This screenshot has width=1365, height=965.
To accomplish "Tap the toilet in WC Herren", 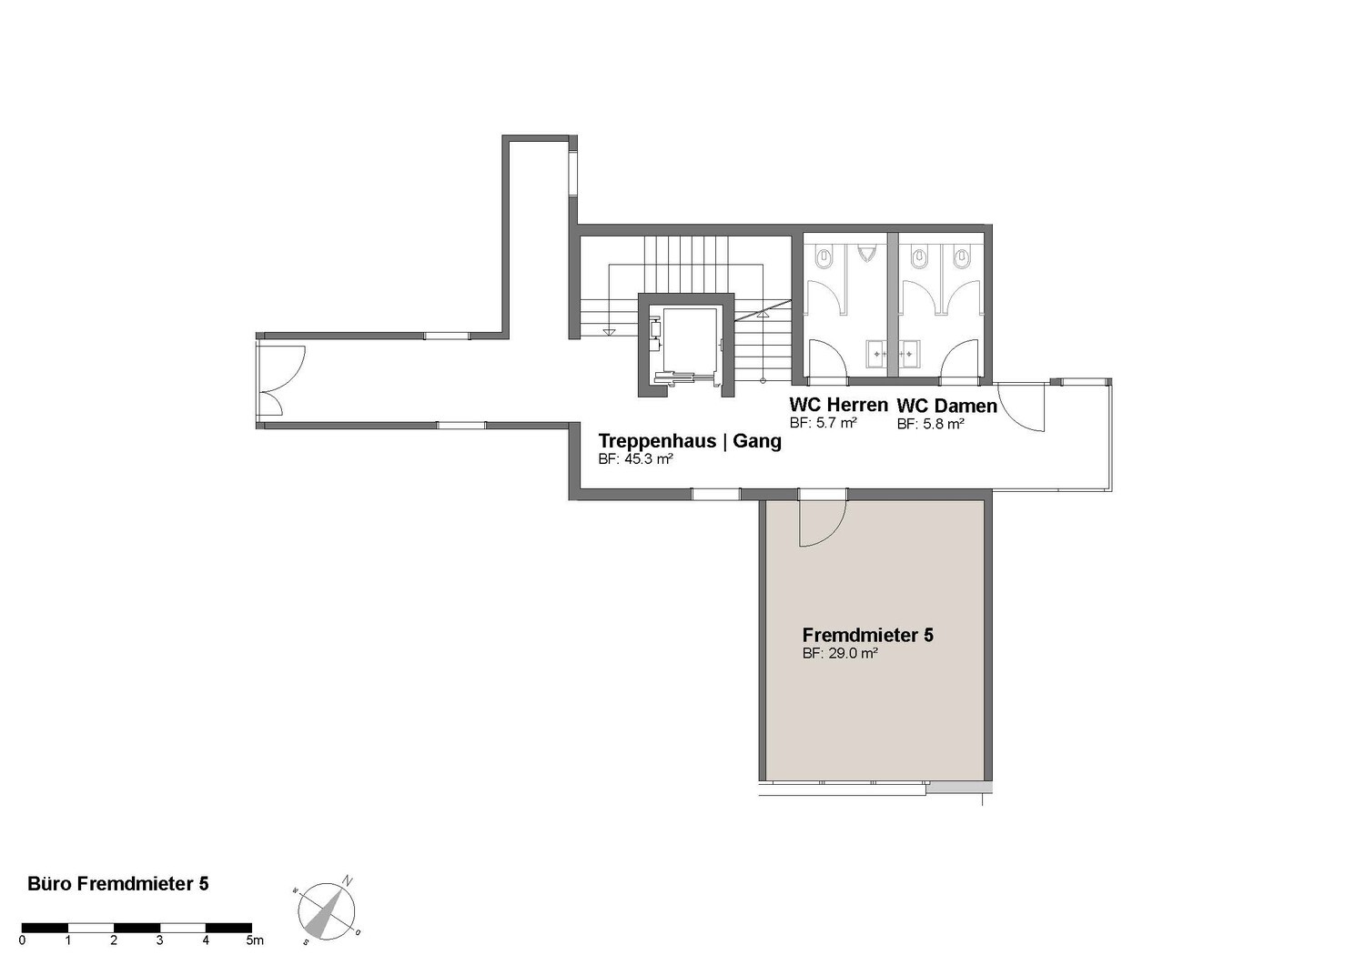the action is click(824, 259).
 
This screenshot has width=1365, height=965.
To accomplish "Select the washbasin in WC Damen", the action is click(910, 354).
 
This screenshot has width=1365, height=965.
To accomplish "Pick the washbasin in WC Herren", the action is click(877, 354).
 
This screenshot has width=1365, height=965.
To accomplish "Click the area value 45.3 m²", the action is click(648, 459).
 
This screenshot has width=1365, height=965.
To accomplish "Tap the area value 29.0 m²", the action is click(854, 654).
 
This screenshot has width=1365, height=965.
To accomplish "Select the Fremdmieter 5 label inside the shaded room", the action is click(868, 635).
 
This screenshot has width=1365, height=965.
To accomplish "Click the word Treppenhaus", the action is click(657, 441).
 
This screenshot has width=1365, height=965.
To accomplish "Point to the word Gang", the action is click(757, 441).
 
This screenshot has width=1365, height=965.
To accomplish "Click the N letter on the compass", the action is click(348, 881).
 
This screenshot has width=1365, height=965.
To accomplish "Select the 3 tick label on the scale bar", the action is click(159, 940).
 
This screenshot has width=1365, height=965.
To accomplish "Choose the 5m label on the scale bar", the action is click(255, 940).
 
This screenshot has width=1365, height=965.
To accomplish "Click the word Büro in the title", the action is click(50, 884).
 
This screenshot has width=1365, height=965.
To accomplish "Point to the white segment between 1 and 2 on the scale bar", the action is click(91, 929).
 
